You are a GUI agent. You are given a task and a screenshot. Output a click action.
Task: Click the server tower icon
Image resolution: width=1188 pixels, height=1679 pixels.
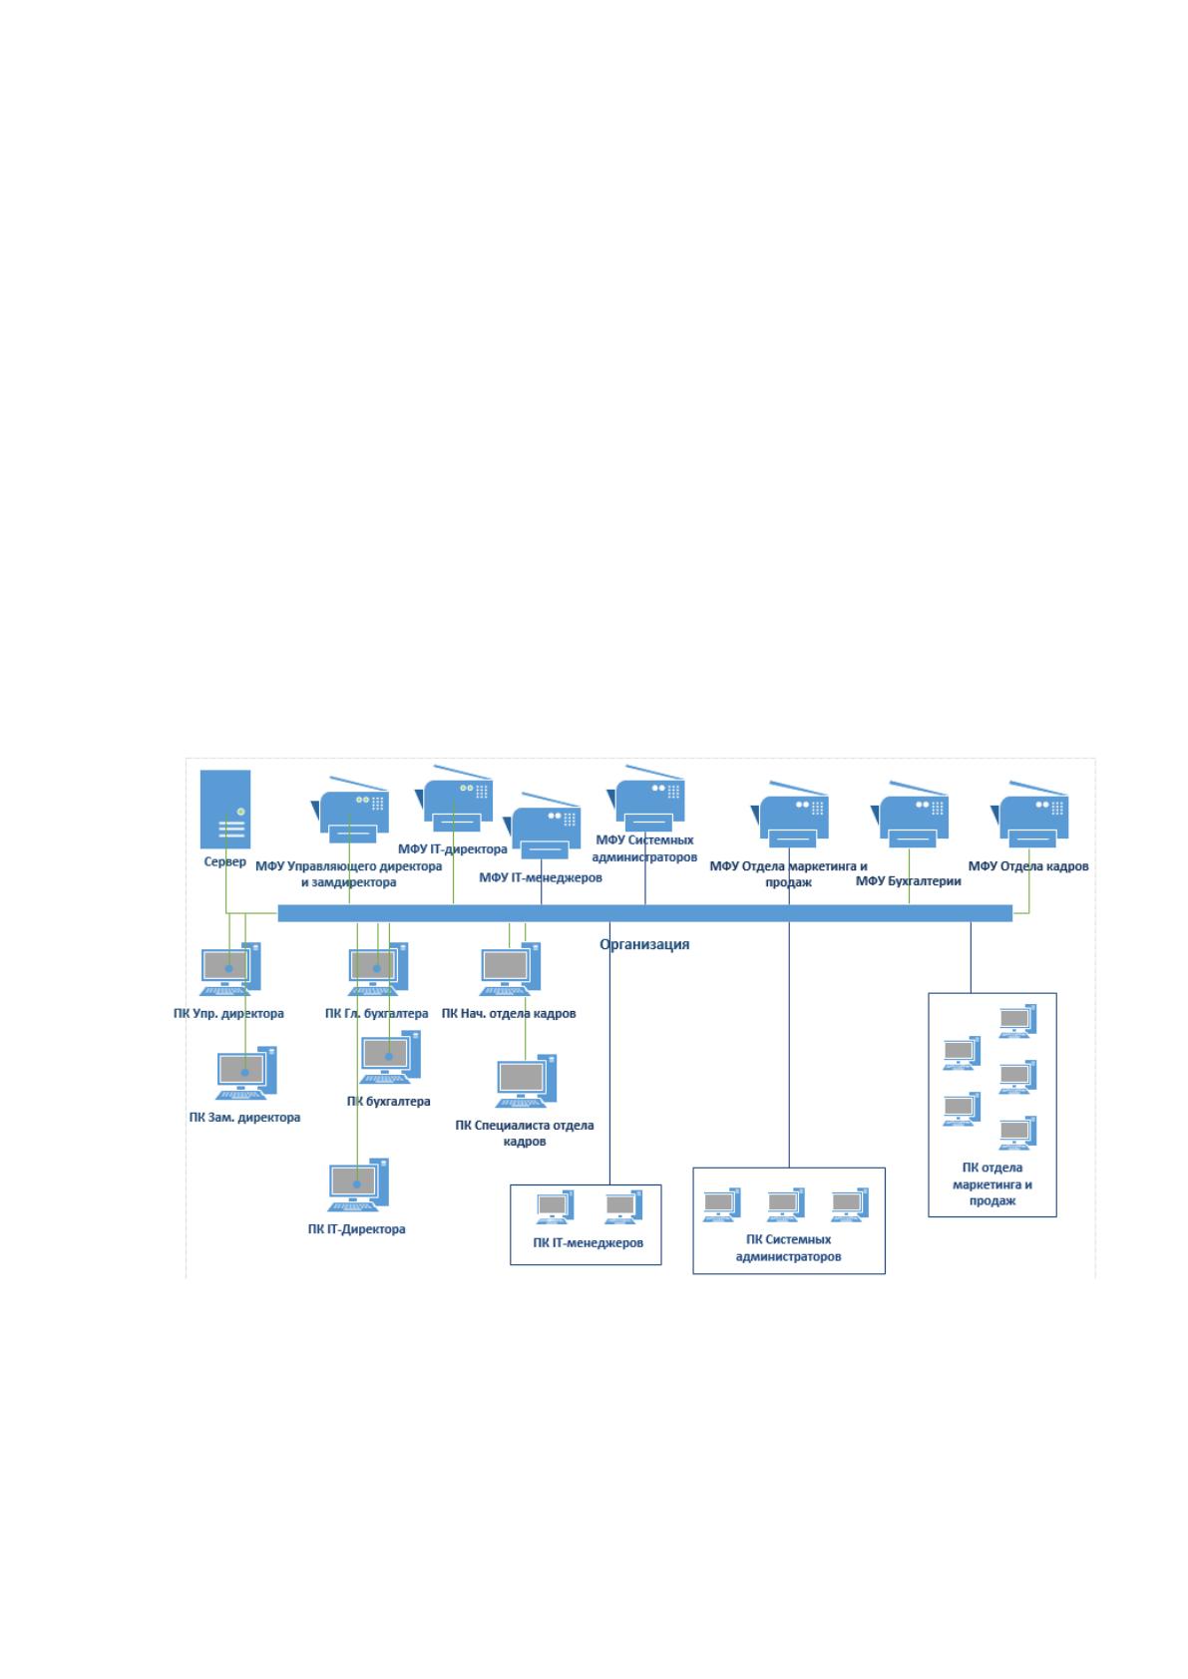225,809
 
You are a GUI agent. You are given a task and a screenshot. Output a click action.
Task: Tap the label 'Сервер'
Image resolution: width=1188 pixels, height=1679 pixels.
225,862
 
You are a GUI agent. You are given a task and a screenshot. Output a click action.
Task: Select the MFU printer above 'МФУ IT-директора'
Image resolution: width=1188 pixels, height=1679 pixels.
455,799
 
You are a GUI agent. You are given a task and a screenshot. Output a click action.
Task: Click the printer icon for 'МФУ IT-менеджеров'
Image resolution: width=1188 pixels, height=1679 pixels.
543,826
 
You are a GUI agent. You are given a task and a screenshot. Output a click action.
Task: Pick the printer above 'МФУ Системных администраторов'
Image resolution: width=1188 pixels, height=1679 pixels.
645,799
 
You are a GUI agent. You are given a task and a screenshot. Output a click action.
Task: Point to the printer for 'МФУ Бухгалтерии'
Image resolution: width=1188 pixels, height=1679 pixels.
911,814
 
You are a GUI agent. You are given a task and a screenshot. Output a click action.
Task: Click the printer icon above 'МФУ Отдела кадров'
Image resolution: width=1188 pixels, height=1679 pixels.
1029,814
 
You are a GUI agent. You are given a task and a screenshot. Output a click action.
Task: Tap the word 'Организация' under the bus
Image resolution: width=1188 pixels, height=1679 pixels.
644,944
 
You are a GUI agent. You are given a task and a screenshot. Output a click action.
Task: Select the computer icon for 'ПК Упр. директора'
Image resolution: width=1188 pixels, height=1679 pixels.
230,969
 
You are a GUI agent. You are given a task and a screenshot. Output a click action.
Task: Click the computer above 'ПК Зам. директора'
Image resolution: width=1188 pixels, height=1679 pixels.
246,1073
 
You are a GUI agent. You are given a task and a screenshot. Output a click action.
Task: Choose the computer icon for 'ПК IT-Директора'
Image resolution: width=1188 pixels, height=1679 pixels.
358,1184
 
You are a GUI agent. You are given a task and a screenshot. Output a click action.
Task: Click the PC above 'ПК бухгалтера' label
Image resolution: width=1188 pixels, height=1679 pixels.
390,1057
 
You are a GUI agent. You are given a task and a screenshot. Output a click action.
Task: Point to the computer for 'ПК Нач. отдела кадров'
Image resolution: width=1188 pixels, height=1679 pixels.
510,969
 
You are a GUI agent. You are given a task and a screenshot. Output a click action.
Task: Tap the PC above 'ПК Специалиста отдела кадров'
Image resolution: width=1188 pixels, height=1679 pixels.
526,1081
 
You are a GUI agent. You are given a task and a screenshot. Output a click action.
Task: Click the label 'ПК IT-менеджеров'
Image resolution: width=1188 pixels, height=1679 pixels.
588,1242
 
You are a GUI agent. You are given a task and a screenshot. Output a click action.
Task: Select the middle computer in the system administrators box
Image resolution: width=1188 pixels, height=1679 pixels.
785,1204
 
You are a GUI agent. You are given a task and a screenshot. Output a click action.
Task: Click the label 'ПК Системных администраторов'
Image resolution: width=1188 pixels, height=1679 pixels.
788,1248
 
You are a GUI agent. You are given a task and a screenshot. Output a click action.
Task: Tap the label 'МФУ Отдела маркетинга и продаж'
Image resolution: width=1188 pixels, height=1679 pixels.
788,874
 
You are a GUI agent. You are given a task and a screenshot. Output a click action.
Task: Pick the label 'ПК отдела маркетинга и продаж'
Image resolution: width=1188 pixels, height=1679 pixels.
992,1183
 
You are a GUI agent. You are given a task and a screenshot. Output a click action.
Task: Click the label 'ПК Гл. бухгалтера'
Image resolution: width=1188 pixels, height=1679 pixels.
376,1013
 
